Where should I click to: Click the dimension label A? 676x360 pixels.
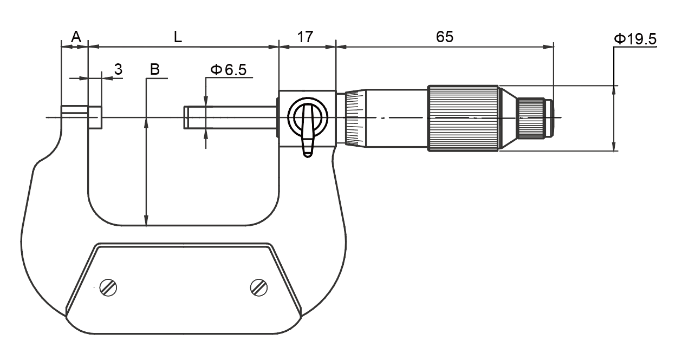tap(76, 37)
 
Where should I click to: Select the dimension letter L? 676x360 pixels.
tap(178, 37)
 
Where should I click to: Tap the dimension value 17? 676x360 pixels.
tap(305, 37)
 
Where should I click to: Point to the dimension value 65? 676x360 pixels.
tap(445, 37)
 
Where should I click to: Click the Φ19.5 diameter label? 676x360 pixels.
tap(635, 39)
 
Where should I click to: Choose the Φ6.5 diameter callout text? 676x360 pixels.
tap(229, 70)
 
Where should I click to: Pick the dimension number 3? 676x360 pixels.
tap(118, 69)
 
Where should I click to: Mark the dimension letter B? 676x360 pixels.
tap(155, 69)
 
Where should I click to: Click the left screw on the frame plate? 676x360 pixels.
tap(108, 287)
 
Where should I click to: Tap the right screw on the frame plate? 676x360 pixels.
tap(259, 287)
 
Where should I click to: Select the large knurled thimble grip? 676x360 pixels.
tap(463, 118)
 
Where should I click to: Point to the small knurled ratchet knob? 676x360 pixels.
tap(532, 118)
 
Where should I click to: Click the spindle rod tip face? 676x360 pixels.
tap(186, 117)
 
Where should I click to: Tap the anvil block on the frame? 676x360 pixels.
tap(95, 117)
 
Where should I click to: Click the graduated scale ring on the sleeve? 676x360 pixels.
tap(355, 118)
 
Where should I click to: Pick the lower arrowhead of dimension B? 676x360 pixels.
tap(146, 220)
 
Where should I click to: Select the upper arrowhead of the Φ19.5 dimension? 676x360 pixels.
tap(614, 90)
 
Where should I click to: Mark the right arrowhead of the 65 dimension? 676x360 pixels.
tap(548, 47)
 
